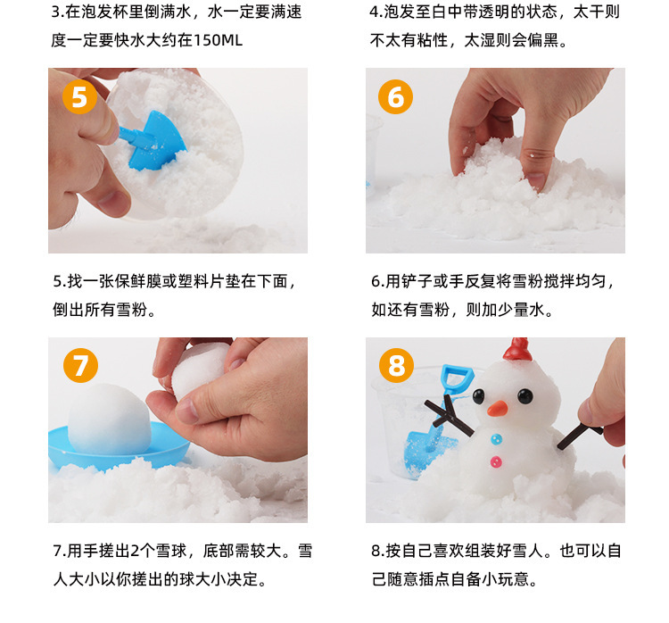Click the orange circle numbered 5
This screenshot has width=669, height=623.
coord(79,97)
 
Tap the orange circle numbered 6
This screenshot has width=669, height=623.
coord(395,97)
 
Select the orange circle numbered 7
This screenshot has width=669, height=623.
coord(80,366)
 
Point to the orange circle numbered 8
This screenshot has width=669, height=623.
coord(396,366)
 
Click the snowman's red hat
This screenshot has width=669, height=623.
coord(517,349)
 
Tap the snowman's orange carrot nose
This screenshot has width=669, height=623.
coord(498,409)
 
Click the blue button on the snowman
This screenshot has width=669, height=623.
coord(496,439)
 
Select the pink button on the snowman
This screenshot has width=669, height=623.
coord(496,461)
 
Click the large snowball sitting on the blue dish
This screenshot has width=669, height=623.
coord(109,419)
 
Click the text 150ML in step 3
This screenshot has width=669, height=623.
coord(218,40)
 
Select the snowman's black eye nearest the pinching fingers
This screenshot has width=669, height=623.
coord(524,396)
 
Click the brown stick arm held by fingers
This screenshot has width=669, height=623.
coord(580,436)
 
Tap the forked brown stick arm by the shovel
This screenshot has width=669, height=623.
coord(449,416)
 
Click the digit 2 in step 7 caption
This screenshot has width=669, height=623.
coord(135,551)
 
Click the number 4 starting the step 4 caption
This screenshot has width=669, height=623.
coord(374,12)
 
